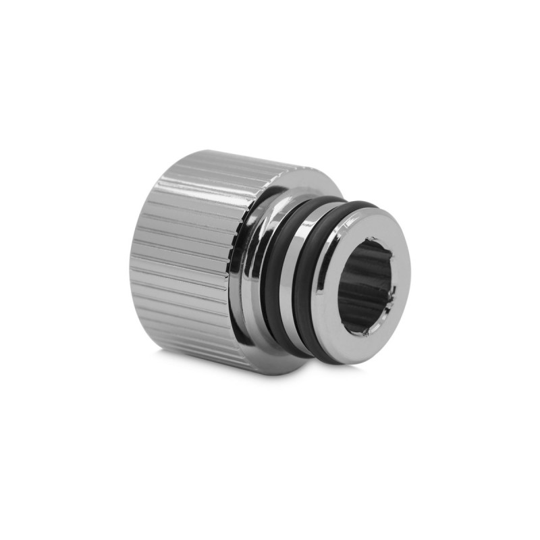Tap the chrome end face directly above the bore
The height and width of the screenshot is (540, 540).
(x=368, y=225)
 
